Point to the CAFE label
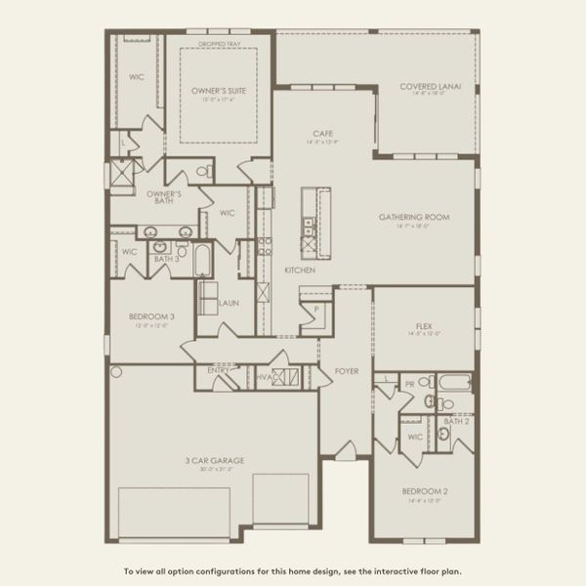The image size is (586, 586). pos(324,134)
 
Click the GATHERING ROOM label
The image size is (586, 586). pos(414,217)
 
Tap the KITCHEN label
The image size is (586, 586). pos(299,269)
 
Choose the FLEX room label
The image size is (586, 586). pos(423,327)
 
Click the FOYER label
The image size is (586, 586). pos(347,371)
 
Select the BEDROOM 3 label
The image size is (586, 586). pos(151,317)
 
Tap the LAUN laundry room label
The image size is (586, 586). pos(230,304)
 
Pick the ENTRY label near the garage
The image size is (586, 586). pos(219,371)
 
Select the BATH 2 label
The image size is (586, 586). pos(455,421)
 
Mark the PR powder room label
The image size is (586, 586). pos(409,385)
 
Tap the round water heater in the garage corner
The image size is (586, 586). pos(116,372)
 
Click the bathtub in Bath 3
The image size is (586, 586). pos(201,261)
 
